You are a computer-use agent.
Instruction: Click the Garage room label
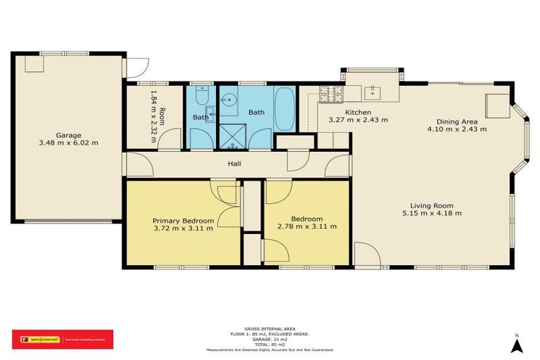(x=69, y=135)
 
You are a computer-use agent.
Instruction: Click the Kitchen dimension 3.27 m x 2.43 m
(x=358, y=120)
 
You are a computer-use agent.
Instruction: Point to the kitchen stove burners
(x=330, y=91)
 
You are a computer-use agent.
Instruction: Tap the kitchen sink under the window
(x=373, y=91)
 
